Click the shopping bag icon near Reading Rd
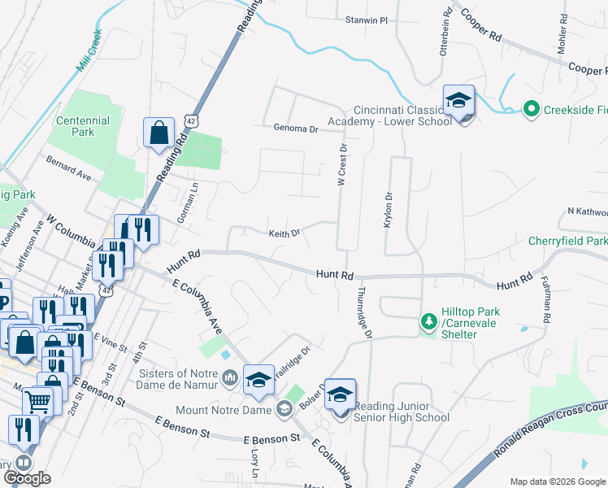click(x=159, y=132)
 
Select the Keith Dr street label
click(x=284, y=233)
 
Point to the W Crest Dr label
click(x=343, y=166)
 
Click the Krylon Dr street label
click(x=388, y=209)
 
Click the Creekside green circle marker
click(x=531, y=108)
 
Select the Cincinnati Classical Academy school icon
click(x=458, y=101)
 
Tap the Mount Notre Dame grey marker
click(x=284, y=409)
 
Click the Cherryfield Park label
click(x=567, y=242)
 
